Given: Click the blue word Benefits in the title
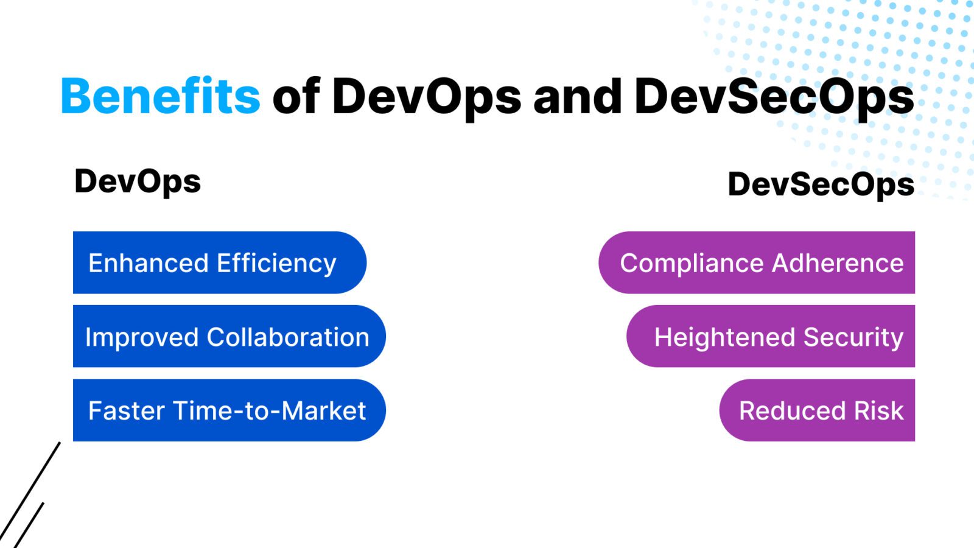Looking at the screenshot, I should [x=160, y=96].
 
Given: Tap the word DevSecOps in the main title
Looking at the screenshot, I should [x=774, y=96].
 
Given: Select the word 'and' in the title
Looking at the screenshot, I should [x=577, y=96].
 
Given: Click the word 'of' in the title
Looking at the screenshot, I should [x=296, y=96].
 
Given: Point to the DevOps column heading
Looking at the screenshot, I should [x=138, y=181].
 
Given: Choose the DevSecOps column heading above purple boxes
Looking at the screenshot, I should [x=821, y=184].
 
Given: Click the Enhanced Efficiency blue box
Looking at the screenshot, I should [x=219, y=262].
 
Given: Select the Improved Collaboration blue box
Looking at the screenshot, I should [x=229, y=336].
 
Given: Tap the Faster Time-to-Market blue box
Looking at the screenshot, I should [x=229, y=410].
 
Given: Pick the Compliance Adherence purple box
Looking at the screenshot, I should [x=757, y=262].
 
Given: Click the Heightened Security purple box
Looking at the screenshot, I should [x=771, y=336].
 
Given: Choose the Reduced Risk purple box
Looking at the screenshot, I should [x=817, y=410].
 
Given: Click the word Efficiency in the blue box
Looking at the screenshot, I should [x=276, y=264].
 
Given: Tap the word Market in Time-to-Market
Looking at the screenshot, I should [x=323, y=411].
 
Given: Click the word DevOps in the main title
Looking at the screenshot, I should [x=426, y=96].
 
